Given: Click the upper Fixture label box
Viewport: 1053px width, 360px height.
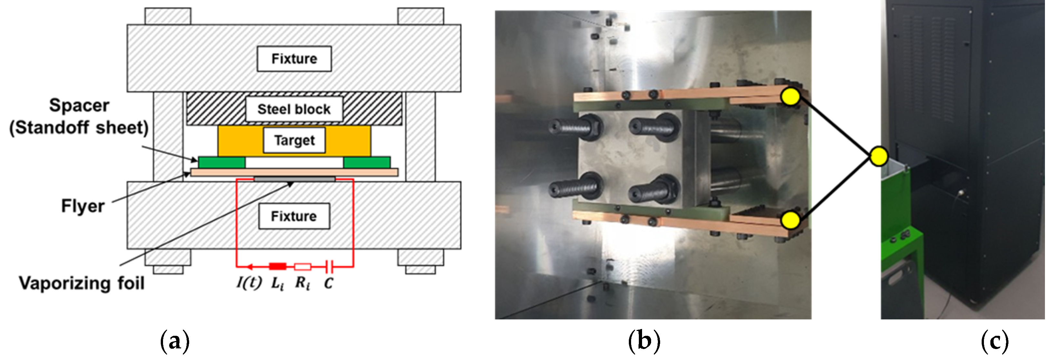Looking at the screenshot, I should tap(294, 59).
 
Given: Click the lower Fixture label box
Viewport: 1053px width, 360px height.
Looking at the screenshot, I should tap(294, 216).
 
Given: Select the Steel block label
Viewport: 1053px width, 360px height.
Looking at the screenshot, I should tap(294, 109).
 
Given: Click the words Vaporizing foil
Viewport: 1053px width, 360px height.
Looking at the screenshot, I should tap(82, 283).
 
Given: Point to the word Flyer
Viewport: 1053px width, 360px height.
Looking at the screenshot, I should tap(83, 206).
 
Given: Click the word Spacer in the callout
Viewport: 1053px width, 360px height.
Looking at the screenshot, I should tap(79, 106).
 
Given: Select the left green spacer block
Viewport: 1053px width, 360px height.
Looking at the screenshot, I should tap(221, 162).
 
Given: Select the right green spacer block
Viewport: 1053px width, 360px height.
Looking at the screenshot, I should tap(367, 162).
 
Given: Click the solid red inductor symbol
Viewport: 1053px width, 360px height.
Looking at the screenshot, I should tap(278, 267).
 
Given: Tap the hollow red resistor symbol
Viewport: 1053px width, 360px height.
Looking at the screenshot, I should tap(302, 267).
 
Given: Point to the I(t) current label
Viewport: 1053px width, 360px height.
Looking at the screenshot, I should tap(249, 283).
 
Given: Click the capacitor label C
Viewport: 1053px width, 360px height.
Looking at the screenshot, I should tap(328, 283).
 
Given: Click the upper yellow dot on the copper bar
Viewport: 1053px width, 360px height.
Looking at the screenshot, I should tap(790, 97).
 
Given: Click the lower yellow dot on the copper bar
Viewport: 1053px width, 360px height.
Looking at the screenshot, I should tap(791, 220).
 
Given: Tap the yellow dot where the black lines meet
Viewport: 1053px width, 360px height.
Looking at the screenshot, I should tap(878, 157).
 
